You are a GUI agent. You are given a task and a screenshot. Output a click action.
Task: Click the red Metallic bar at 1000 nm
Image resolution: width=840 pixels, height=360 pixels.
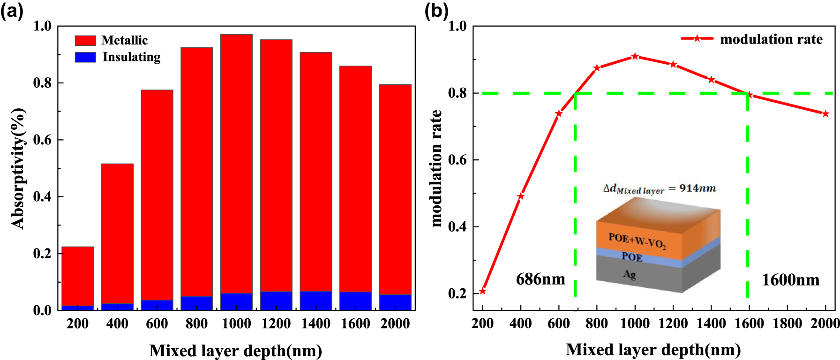point(236,164)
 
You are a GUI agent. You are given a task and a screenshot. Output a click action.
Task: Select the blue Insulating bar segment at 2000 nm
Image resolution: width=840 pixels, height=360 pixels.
point(395,302)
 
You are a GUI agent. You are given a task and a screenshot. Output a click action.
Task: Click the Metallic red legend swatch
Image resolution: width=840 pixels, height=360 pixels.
point(85,41)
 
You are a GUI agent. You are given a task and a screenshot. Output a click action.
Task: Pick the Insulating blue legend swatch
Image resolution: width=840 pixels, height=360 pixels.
point(85,57)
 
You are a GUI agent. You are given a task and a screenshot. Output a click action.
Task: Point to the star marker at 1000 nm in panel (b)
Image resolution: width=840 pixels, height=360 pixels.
point(635,56)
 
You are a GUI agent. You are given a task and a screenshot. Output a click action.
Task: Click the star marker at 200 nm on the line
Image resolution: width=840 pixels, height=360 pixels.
point(482,291)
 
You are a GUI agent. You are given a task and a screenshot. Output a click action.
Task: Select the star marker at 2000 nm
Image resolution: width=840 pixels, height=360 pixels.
point(825,113)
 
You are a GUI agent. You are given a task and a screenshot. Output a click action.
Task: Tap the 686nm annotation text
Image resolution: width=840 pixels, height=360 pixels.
point(540,279)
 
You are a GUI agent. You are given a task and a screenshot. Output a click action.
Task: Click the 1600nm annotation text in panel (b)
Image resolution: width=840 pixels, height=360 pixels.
point(790,280)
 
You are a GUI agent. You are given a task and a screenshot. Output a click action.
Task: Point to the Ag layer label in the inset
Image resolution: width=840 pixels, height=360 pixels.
point(630,274)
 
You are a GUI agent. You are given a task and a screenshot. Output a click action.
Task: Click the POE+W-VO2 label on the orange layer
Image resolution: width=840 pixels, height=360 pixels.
point(637,240)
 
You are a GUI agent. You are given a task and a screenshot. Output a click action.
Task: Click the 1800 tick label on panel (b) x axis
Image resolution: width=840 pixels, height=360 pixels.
point(787,323)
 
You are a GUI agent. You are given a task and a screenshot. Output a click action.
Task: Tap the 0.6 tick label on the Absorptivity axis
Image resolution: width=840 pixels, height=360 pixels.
point(42,140)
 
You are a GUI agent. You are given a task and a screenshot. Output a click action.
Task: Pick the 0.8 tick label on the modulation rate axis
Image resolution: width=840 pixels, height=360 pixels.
point(457,93)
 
